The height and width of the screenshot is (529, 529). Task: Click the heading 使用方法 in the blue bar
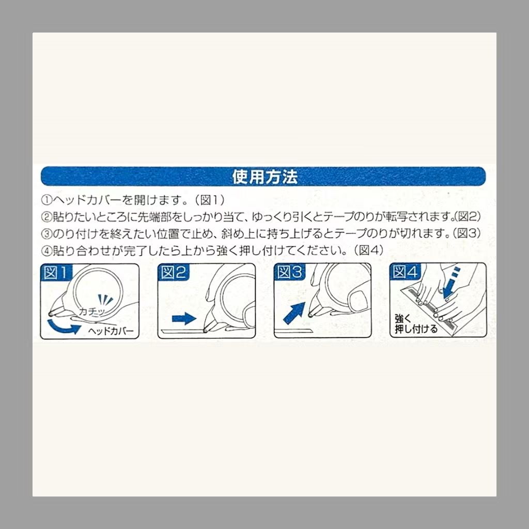pos(265,177)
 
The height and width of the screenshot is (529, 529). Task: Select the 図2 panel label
pos(174,272)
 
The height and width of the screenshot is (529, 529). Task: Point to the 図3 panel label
pos(289,272)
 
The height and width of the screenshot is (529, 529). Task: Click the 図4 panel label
pos(405,272)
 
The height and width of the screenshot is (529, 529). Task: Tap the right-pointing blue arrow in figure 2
pos(184,318)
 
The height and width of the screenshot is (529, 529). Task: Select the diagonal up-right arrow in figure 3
pos(294,313)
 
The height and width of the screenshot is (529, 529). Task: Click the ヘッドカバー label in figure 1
pos(111,331)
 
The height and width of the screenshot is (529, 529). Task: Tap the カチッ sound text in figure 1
pos(91,312)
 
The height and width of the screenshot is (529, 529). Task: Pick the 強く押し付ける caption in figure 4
pos(416,324)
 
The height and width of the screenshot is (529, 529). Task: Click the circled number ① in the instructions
pos(46,200)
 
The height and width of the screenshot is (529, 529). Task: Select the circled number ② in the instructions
pos(46,216)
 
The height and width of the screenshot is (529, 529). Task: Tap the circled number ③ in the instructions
pos(46,234)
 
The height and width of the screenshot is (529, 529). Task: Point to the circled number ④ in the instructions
pos(46,251)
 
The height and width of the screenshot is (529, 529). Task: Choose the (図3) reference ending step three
pos(468,234)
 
